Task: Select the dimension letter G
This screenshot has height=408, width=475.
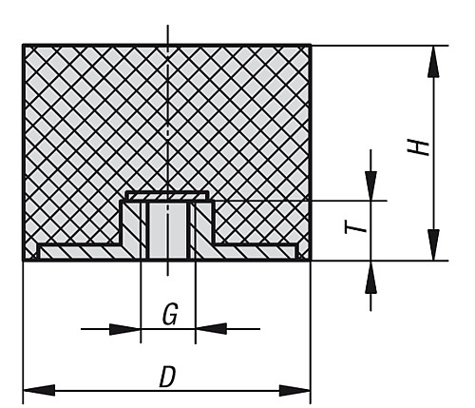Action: tap(170, 314)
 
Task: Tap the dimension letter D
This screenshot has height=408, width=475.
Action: tap(167, 377)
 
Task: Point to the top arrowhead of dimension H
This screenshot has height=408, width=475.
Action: tap(433, 62)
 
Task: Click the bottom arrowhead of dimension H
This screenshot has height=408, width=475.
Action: tap(433, 245)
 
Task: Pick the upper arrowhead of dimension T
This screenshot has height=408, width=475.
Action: tap(370, 185)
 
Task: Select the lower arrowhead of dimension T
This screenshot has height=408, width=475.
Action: tap(370, 277)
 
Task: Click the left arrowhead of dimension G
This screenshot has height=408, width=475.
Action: tap(124, 329)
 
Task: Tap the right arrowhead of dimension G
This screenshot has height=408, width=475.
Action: tap(211, 329)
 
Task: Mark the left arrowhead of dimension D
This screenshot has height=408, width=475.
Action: tap(39, 390)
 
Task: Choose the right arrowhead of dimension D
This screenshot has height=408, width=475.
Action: tap(294, 390)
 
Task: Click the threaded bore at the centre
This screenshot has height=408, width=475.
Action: tap(168, 231)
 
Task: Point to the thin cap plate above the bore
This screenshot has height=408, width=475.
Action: tap(167, 196)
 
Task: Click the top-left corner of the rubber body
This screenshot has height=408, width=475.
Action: tap(24, 46)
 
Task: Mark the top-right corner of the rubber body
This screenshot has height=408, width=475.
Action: tap(311, 46)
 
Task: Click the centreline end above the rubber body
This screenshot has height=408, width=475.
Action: tap(168, 25)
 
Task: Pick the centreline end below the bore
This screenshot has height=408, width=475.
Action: tap(168, 275)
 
